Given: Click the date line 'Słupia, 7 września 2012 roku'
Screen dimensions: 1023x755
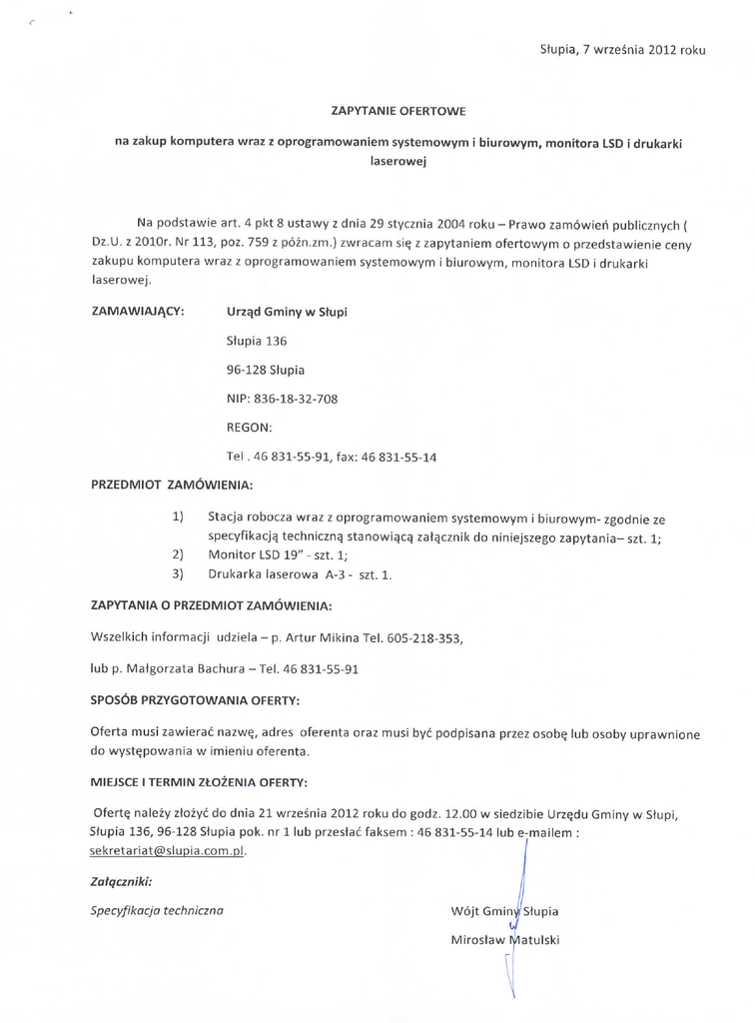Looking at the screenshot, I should pyautogui.click(x=622, y=48).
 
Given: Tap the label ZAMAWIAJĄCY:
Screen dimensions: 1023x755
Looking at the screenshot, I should pyautogui.click(x=137, y=312).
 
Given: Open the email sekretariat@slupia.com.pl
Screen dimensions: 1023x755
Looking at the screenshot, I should pyautogui.click(x=167, y=851).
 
